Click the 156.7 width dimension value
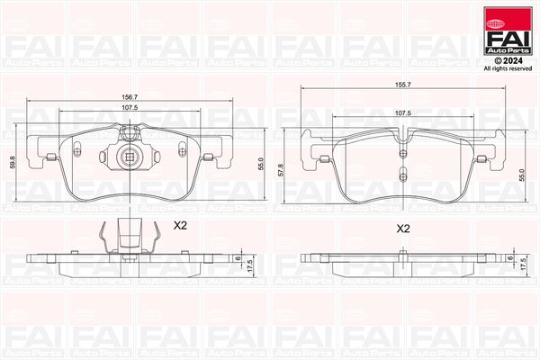pos(130,97)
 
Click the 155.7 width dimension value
pos(403,85)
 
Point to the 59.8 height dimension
pos(13,162)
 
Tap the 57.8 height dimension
pos(282,170)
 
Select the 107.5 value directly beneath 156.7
pos(130,107)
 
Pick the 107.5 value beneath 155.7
pos(403,113)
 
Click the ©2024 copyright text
pos(508,60)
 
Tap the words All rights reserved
pos(508,69)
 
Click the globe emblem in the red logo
pos(494,23)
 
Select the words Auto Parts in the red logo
pos(508,51)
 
